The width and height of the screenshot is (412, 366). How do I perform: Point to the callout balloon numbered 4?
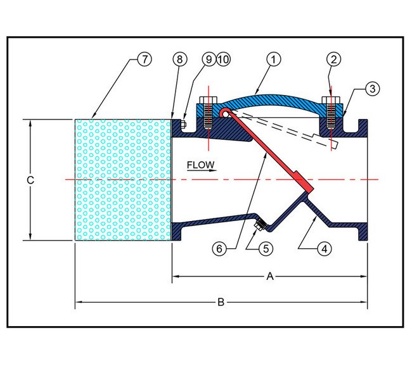[324, 249]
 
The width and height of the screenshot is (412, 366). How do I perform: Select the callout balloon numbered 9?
[209, 60]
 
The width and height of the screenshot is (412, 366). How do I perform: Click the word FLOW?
[201, 165]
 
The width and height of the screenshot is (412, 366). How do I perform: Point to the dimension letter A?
[271, 276]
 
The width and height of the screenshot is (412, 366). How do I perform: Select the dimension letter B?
[221, 303]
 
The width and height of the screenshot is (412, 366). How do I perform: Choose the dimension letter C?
[30, 180]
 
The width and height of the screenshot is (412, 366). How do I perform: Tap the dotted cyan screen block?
[124, 180]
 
